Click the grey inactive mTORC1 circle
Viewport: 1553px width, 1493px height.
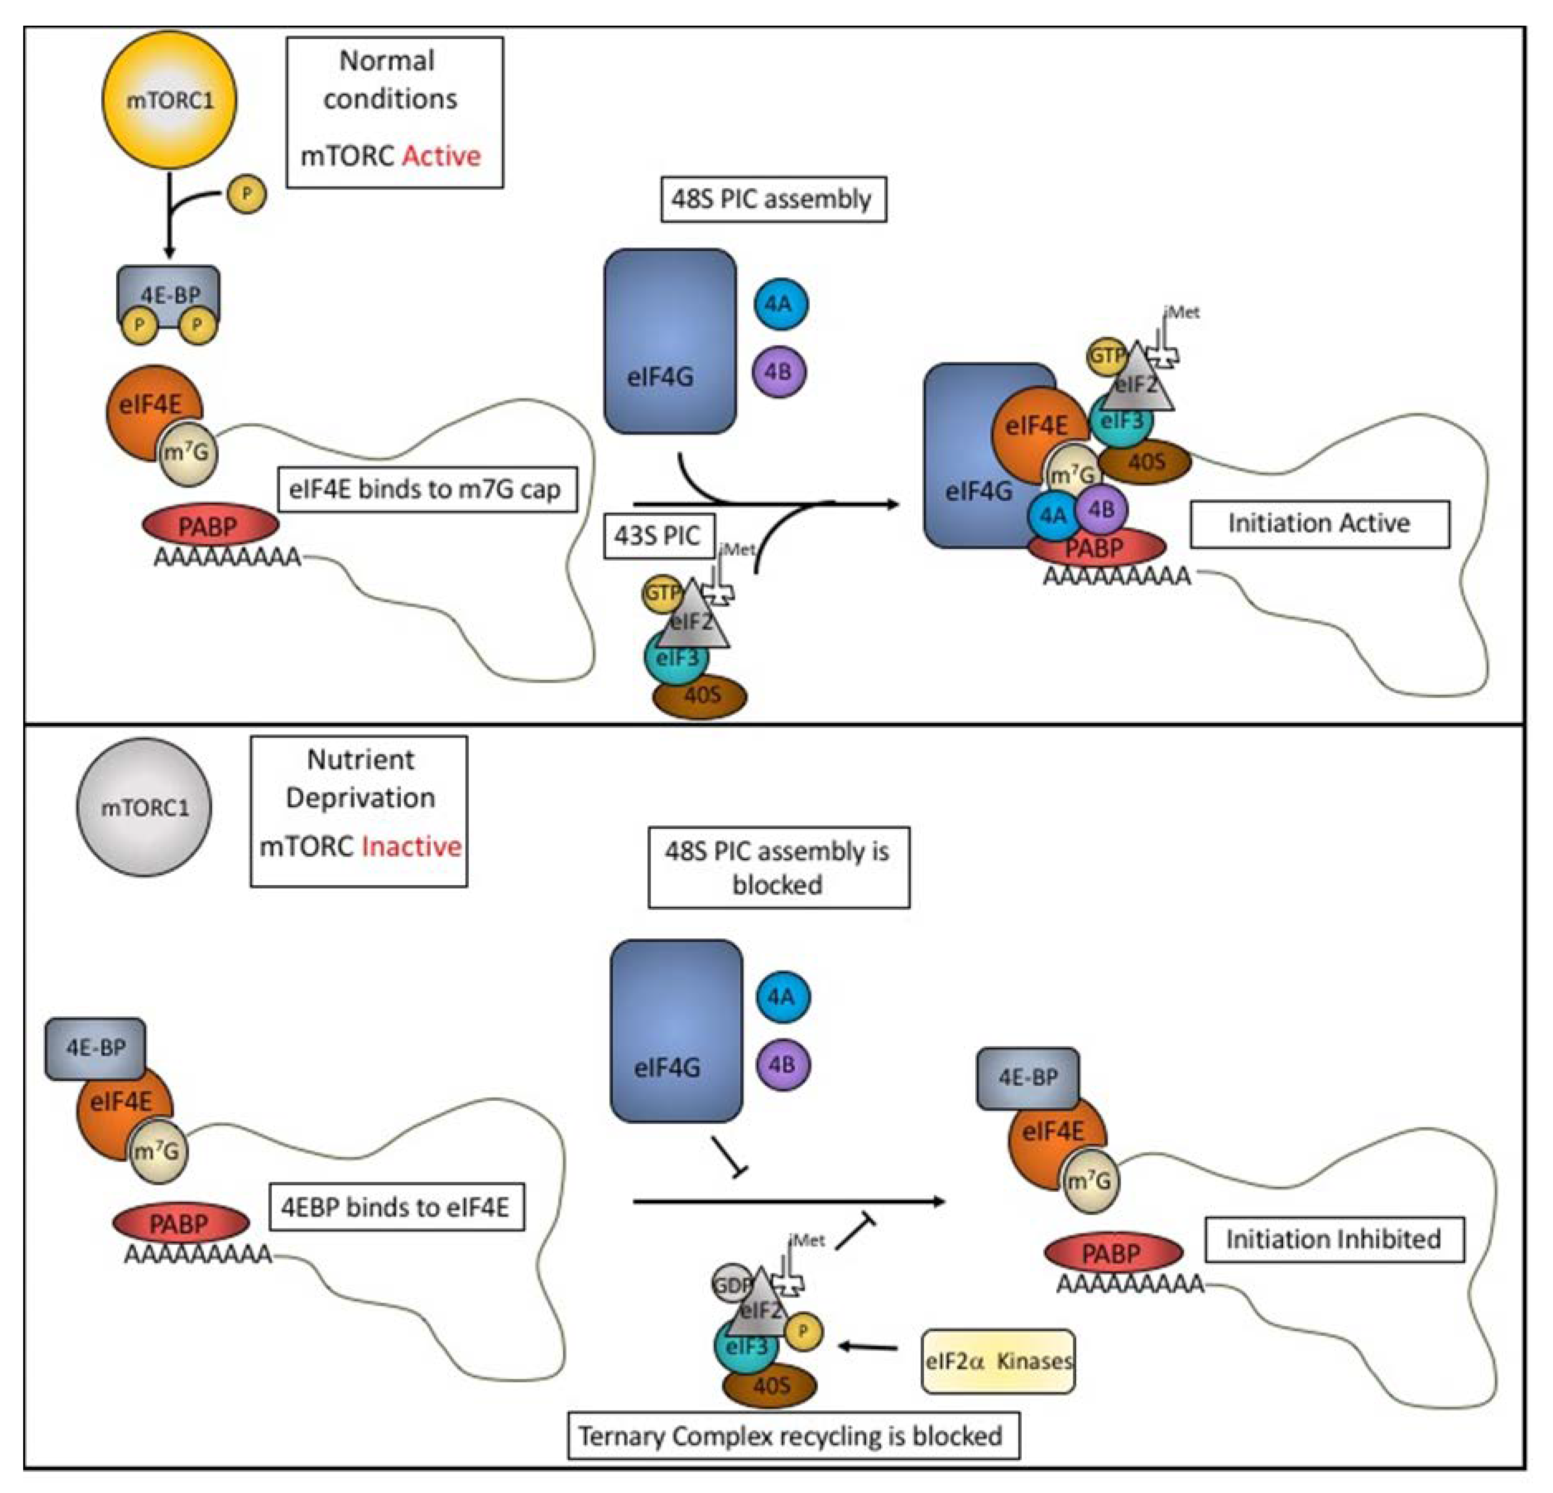click(144, 807)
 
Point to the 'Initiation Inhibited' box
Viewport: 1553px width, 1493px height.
click(1334, 1239)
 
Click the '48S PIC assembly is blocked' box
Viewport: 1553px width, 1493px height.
click(778, 868)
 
